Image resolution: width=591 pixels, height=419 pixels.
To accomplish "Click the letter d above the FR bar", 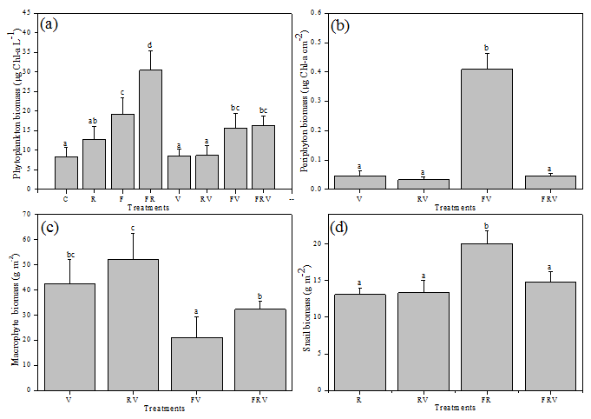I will tap(150, 45).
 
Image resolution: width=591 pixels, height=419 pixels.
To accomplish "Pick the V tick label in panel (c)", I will tap(68, 399).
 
